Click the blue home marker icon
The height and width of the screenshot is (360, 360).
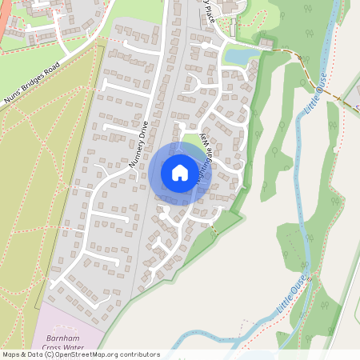pos(179,173)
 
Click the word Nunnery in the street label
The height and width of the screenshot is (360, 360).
pos(135,153)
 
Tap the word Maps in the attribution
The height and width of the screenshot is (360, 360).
pos(10,354)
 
